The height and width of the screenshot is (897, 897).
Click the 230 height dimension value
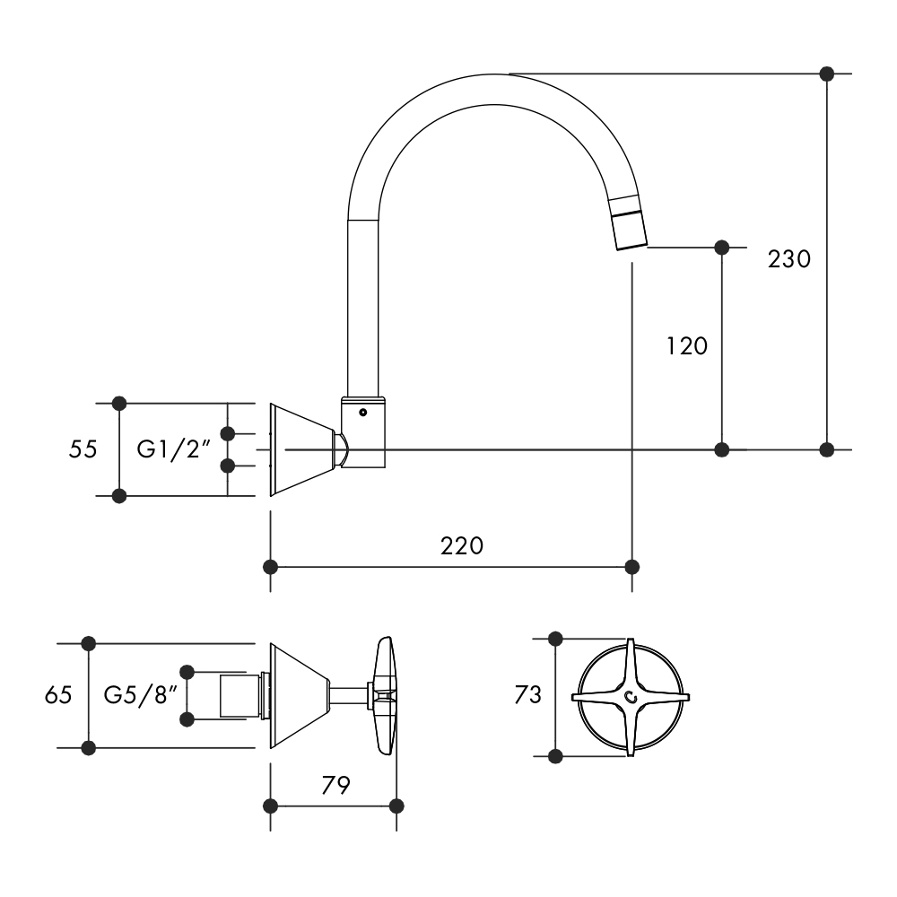[x=789, y=259]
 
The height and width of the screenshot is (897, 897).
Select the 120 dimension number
[x=687, y=345]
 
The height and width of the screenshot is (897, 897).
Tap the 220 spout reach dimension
[x=462, y=545]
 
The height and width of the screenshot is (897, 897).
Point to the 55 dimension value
[x=83, y=448]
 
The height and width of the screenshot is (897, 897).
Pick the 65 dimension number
[x=58, y=694]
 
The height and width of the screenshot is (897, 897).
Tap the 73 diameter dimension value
[x=528, y=694]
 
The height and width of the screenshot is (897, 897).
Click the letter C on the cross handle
[x=631, y=697]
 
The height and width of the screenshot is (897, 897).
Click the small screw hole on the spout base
[x=362, y=414]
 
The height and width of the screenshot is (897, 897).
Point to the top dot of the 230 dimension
[x=827, y=73]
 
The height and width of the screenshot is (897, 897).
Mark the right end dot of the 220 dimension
[x=632, y=567]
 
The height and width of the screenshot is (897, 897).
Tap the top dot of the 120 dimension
[x=721, y=246]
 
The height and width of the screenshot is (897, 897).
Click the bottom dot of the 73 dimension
[x=555, y=756]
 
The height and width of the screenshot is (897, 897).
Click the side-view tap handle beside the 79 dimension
[x=386, y=696]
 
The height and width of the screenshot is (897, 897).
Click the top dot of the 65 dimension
[x=88, y=642]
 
